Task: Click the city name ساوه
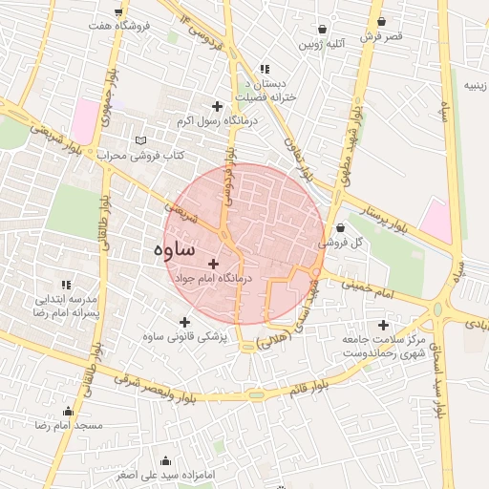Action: click(x=173, y=249)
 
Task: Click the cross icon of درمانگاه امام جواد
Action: click(x=212, y=264)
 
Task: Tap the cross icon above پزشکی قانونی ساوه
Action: click(x=185, y=321)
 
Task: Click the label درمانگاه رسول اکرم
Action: click(x=212, y=122)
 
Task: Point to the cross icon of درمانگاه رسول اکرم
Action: click(x=218, y=106)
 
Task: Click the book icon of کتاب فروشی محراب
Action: click(x=142, y=139)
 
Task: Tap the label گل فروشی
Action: click(x=342, y=244)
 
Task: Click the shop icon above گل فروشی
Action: click(x=341, y=228)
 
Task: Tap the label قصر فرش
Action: click(x=382, y=36)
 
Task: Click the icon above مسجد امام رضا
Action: click(x=67, y=410)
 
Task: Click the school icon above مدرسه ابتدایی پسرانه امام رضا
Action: click(x=66, y=285)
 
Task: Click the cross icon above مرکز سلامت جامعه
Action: click(x=384, y=325)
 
